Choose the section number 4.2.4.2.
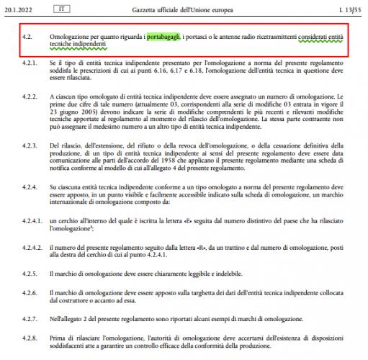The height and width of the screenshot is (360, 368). coord(32,247)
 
